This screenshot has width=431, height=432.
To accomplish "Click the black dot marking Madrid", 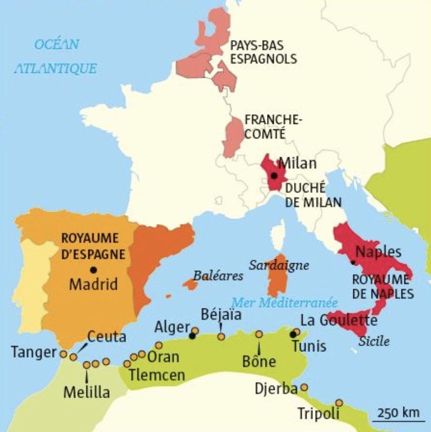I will [93, 269].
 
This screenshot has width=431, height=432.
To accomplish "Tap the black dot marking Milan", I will [274, 176].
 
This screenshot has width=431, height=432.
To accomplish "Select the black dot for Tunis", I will [293, 334].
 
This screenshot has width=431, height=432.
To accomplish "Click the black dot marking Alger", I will [192, 336].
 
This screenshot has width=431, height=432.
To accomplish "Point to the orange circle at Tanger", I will [63, 354].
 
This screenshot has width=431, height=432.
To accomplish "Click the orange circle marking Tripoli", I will [339, 402].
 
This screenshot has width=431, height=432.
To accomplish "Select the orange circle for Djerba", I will [304, 387].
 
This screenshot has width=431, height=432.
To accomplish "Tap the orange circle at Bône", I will [259, 334].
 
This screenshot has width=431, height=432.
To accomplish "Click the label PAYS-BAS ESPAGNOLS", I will [263, 52].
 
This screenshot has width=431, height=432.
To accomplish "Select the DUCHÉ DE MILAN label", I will [313, 195].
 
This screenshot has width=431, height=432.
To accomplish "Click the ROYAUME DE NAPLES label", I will [383, 286].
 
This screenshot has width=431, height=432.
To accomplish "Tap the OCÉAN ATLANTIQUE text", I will [56, 56].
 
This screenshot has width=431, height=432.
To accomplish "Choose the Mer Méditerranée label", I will [284, 302].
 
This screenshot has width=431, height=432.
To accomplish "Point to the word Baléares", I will [218, 276].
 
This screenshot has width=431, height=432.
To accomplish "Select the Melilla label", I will [87, 392].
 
